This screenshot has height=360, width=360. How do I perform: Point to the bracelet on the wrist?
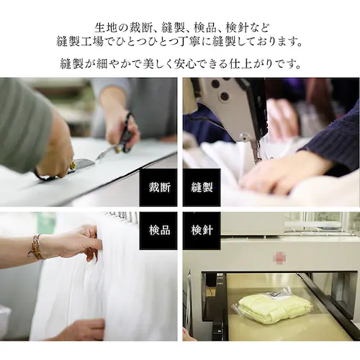click(35, 248)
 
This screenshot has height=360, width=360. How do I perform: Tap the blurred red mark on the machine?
click(279, 258)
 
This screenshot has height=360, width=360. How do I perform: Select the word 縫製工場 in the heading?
click(83, 41)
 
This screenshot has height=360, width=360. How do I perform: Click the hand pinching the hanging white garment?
click(79, 242)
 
